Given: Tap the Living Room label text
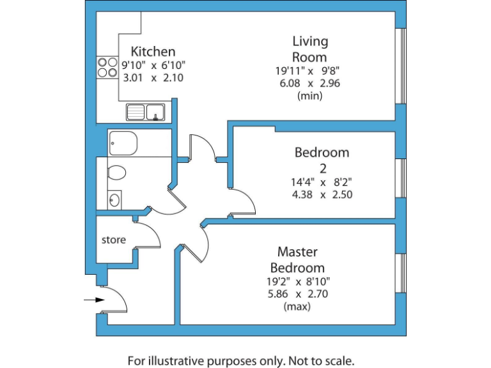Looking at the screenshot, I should [310, 49].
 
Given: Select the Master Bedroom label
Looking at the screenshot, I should [297, 259].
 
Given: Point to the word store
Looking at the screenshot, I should [114, 240].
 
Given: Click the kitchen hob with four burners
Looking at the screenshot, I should [104, 67].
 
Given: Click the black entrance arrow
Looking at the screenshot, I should [93, 299].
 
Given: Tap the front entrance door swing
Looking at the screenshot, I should [116, 300].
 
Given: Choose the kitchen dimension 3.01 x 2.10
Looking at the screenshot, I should [153, 78].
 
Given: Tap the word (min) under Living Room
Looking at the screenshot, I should [310, 96].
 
